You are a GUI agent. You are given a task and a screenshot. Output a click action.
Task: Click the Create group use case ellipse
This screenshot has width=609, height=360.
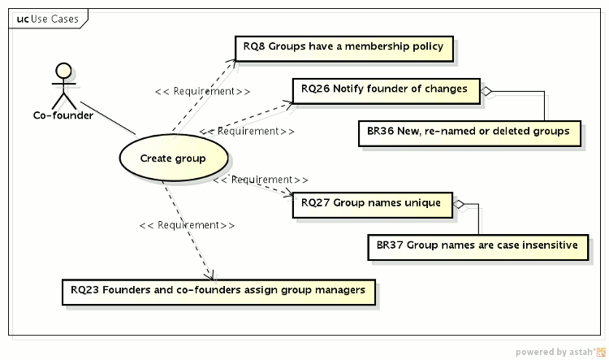(173, 158)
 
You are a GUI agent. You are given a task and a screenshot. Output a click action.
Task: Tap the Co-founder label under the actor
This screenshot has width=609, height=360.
(63, 115)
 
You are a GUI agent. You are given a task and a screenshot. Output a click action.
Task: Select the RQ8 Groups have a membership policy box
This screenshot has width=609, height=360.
(343, 47)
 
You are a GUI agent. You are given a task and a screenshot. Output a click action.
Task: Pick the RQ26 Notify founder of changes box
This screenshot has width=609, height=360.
(384, 89)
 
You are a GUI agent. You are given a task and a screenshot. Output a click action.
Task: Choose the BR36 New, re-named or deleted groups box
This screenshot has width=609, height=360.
(469, 132)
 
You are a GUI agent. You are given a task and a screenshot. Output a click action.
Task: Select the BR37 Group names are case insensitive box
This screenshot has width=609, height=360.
(477, 245)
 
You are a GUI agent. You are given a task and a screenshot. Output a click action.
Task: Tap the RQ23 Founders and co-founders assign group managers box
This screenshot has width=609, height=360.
(218, 290)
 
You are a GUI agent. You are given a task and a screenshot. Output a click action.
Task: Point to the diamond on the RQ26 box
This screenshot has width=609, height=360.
(486, 90)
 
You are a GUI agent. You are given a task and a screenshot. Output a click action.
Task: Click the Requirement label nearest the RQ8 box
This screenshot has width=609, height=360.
(202, 91)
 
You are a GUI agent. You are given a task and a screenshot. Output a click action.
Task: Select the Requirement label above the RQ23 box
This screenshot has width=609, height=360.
(188, 225)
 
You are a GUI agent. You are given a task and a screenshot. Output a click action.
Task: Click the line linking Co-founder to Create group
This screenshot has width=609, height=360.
(108, 118)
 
